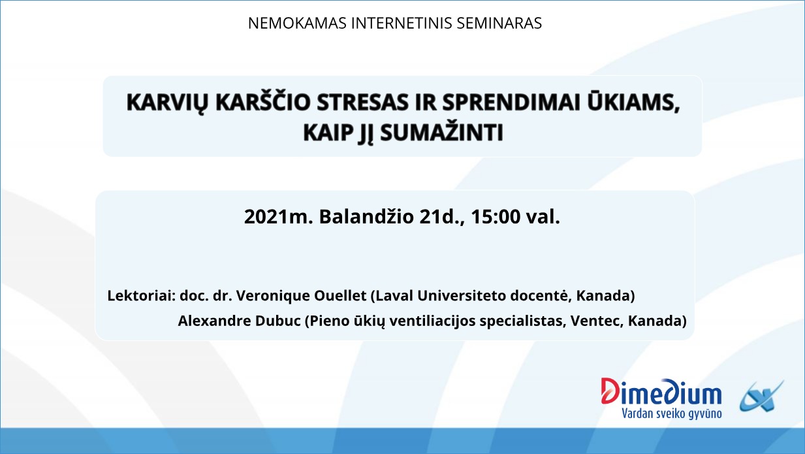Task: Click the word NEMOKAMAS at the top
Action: point(297,24)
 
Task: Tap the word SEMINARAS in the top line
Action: point(499,24)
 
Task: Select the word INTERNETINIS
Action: point(402,24)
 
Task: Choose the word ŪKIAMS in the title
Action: point(633,102)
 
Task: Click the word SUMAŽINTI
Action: point(441,132)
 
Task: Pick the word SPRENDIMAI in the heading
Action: point(511,103)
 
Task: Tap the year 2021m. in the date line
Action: point(279,217)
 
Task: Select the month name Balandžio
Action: point(366,217)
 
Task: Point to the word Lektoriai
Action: point(141,295)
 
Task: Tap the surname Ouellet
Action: point(340,295)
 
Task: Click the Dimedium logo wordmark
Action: point(661,391)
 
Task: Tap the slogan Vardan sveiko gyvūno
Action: point(672,413)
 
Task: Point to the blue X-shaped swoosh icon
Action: point(761,397)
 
